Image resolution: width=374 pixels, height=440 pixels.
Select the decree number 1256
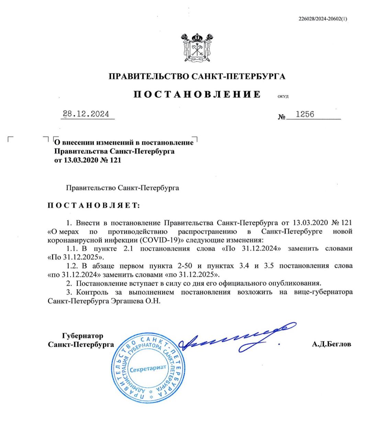coord(305,114)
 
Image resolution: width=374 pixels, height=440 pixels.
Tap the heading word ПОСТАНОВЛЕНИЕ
coord(197,94)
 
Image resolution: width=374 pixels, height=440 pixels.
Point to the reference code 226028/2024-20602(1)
coord(323,19)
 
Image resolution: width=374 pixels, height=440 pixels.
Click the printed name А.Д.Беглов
coord(331,344)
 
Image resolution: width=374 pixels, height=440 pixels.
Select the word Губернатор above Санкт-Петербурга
coord(82,335)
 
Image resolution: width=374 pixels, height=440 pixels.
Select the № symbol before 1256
coord(282,117)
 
